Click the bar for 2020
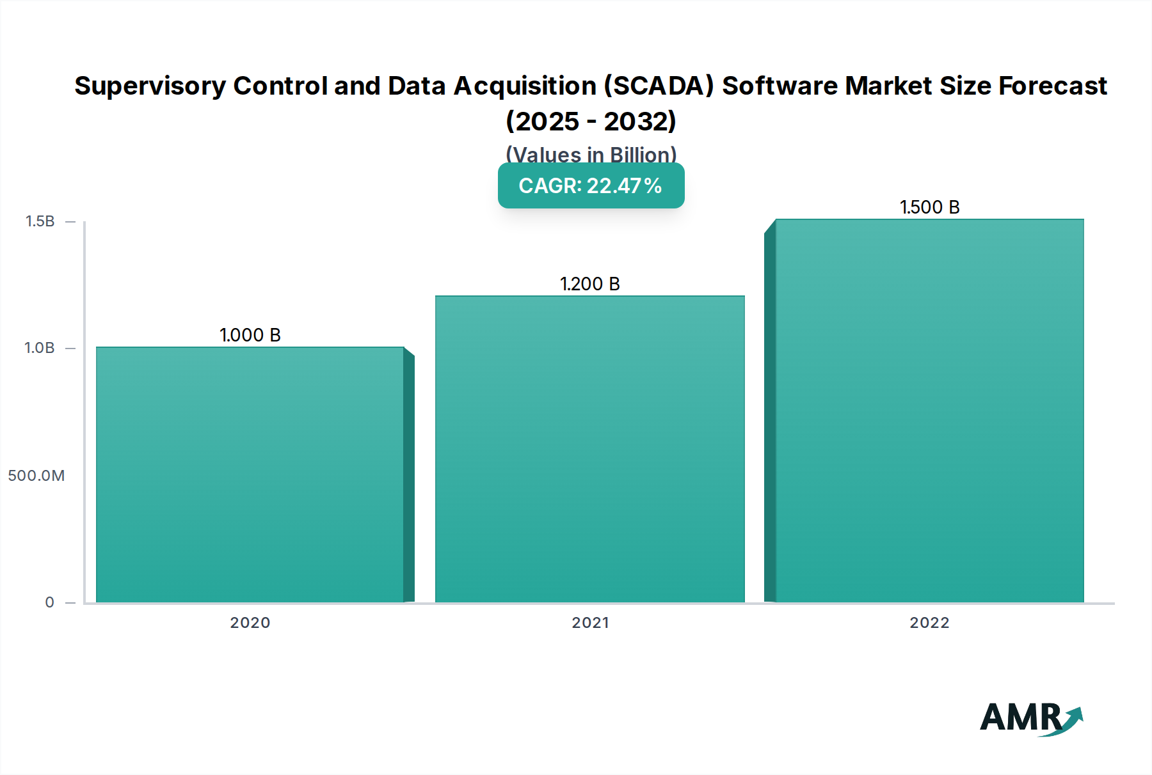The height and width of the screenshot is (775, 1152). click(250, 474)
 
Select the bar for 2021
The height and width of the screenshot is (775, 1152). click(589, 449)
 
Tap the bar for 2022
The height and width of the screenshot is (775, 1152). click(929, 411)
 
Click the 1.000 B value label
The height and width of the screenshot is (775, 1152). click(250, 335)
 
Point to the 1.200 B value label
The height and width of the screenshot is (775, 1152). click(589, 284)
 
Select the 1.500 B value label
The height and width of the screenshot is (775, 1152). click(929, 207)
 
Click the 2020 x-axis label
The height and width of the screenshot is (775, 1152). click(250, 623)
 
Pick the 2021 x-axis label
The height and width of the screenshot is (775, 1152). click(590, 623)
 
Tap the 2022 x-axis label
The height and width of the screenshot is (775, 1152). click(929, 623)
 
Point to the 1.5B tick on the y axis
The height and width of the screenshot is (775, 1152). click(40, 221)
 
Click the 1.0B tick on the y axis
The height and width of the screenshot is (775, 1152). click(40, 348)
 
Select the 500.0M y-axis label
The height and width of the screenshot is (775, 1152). click(36, 476)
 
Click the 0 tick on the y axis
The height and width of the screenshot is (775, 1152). click(49, 602)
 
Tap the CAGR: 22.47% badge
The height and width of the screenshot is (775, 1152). click(591, 185)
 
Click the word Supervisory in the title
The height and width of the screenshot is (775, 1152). click(150, 86)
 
